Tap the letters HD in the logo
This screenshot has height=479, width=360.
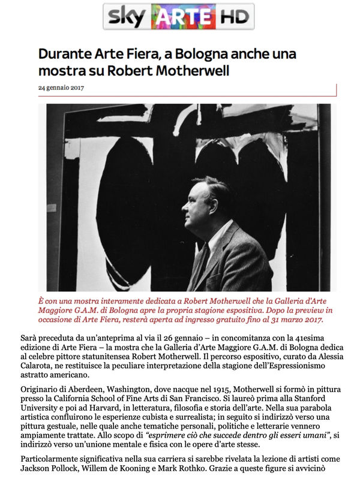tap(228, 17)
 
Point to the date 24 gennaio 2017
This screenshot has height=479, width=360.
tap(61, 87)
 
